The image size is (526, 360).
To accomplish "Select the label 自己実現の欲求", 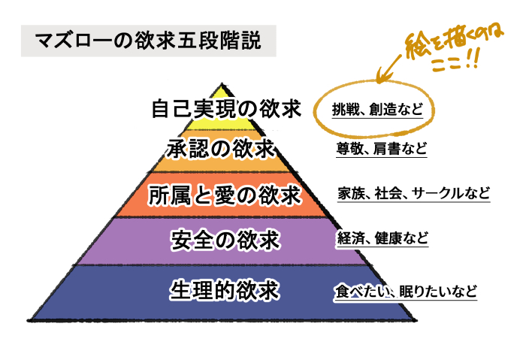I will pos(226,110).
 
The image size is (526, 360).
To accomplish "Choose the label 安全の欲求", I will pos(225,240).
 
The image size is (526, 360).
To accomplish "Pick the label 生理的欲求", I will pos(225,290).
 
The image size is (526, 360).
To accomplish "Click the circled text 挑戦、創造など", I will pos(378,110).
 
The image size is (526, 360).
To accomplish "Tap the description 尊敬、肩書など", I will pos(382,149).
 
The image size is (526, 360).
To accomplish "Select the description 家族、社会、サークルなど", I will pos(414,193).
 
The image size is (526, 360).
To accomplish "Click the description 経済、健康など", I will pos(382,240).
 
